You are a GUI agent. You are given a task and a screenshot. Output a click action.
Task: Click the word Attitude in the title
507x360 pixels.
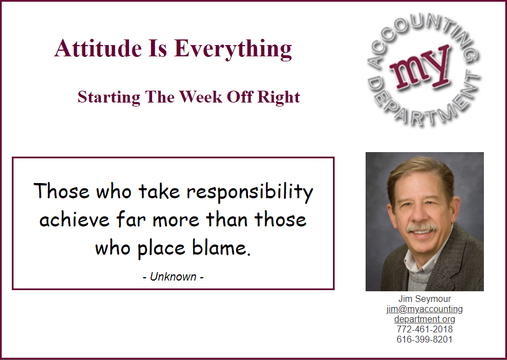pos(98,48)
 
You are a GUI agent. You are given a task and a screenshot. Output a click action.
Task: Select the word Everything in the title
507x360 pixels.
pos(233,49)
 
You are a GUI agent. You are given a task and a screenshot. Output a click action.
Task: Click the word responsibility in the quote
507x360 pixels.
pos(250,192)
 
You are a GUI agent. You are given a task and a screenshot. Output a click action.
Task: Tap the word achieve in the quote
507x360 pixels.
pos(74,219)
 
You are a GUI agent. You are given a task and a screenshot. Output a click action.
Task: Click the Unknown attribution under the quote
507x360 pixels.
pos(173,277)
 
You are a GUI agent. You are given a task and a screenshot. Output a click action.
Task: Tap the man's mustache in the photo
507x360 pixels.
pos(421,228)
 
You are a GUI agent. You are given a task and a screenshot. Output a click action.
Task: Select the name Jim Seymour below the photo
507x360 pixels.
pos(425,299)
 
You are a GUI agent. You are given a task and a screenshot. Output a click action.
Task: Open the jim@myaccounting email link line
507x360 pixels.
pos(425,309)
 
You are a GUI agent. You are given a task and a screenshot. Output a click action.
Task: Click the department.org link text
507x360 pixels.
pos(425,319)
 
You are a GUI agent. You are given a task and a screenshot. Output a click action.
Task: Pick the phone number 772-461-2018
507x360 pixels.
pos(425,329)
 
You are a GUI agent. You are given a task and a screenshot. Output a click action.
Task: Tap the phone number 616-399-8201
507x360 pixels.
pos(425,339)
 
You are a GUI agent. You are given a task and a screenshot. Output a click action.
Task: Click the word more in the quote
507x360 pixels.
pos(176,220)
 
